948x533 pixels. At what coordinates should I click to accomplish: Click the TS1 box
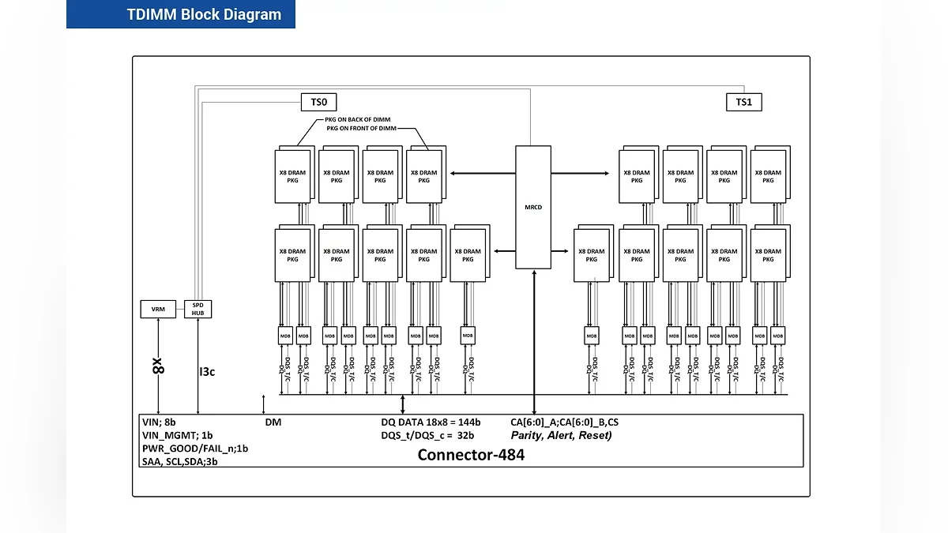(744, 102)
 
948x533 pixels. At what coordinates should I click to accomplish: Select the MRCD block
(533, 207)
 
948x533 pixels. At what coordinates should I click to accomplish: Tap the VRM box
(158, 310)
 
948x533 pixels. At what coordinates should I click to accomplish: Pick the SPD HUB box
(197, 309)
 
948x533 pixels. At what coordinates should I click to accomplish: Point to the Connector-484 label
(471, 455)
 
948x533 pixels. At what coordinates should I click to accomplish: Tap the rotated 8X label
(158, 366)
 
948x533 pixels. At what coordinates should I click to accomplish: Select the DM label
(273, 422)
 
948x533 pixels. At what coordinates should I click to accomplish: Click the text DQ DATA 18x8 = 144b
(431, 422)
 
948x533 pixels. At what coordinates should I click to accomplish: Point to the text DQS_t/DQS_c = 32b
(427, 435)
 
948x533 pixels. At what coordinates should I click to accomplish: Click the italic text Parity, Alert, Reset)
(561, 435)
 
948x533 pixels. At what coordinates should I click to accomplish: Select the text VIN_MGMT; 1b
(177, 435)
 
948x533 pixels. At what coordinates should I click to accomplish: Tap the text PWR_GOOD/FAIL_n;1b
(195, 449)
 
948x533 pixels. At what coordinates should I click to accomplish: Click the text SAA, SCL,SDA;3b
(179, 462)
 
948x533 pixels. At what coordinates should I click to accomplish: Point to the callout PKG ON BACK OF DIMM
(358, 119)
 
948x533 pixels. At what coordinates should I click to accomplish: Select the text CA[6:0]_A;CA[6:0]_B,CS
(564, 422)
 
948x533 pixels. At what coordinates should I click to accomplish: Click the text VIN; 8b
(159, 422)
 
